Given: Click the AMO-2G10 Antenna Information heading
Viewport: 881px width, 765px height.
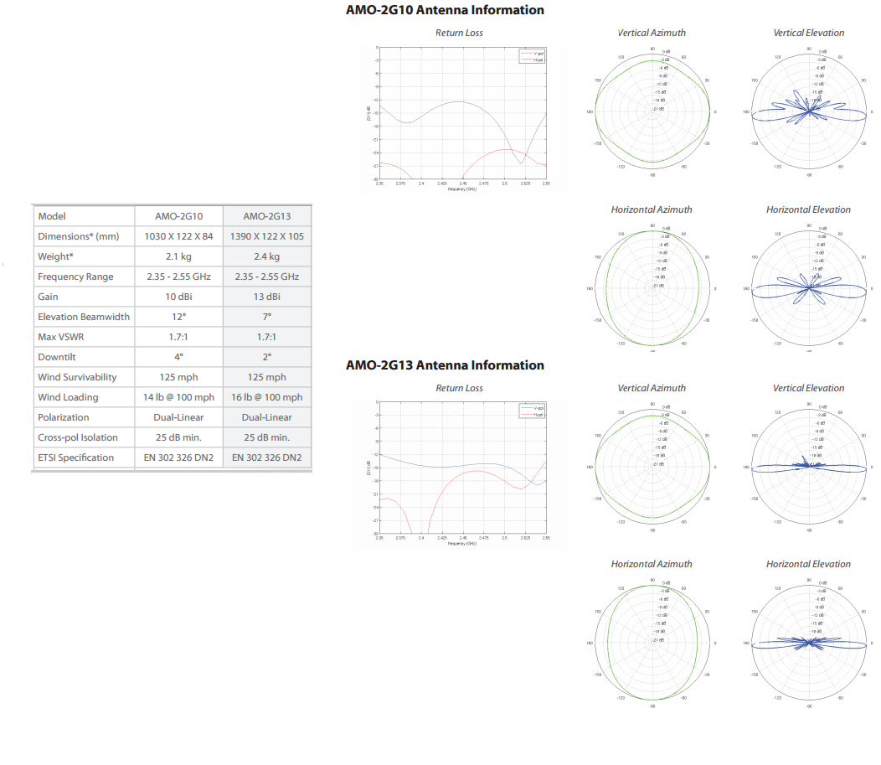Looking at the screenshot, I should [445, 10].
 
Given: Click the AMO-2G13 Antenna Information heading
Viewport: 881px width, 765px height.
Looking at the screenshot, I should [445, 365].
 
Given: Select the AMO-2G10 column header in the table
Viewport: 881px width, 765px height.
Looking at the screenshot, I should [178, 216].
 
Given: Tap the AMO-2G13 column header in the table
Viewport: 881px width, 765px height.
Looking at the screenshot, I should [266, 216].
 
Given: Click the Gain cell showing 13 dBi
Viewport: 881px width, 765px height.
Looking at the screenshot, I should [266, 297].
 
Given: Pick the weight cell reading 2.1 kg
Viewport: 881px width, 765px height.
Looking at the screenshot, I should [178, 256].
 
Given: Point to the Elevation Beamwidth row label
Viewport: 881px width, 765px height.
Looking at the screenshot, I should [84, 317].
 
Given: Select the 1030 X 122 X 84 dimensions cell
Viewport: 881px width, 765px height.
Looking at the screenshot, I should [178, 236].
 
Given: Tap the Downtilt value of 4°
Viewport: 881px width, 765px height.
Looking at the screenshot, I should [178, 357].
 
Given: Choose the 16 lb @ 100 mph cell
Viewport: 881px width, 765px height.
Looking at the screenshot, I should [266, 397].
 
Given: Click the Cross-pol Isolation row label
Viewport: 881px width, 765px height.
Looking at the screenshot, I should [78, 437].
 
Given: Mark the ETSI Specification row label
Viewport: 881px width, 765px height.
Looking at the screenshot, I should [75, 457].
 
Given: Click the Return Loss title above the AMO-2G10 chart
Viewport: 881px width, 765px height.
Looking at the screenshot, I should [459, 34].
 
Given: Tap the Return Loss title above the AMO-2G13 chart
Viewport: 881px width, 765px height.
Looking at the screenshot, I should [459, 389].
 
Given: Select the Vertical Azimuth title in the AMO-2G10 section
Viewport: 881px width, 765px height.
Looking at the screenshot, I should [652, 34].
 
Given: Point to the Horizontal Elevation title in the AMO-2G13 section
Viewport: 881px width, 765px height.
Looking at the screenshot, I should [808, 565].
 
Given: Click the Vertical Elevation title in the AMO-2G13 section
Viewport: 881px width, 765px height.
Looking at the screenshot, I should [808, 389].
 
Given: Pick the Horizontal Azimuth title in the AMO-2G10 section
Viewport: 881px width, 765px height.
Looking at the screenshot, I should [652, 210].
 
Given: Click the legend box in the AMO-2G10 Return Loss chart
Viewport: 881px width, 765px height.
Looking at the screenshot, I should [532, 56].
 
